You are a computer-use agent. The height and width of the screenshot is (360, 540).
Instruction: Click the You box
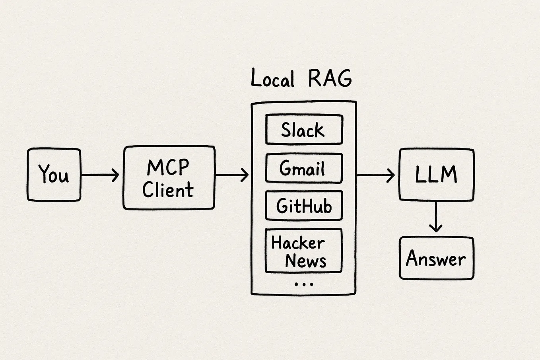[54, 175]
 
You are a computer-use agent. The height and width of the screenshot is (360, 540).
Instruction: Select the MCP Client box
[169, 178]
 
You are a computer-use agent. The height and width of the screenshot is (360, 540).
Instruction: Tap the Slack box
[304, 130]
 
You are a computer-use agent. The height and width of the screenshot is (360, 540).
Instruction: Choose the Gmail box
[304, 168]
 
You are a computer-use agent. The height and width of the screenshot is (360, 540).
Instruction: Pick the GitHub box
[304, 206]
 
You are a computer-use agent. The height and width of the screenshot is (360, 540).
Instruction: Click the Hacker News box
[303, 251]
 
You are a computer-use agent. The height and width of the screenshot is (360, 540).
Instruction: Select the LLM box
[436, 175]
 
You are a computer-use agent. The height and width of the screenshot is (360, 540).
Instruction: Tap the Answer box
[436, 258]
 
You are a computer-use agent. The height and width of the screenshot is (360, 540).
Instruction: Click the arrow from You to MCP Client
[100, 175]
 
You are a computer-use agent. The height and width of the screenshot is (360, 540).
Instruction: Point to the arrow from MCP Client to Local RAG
[232, 175]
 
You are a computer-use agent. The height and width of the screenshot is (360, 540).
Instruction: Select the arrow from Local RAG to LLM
[375, 175]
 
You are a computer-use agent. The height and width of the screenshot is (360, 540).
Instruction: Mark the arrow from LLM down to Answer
[436, 217]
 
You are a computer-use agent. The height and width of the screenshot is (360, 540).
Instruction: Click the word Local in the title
[273, 78]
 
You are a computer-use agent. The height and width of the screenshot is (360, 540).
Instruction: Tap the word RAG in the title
[330, 78]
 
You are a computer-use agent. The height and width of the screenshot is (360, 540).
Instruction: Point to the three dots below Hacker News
[304, 284]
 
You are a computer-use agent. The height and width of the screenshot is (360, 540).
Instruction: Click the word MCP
[168, 167]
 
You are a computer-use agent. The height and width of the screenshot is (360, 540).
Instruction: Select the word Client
[168, 190]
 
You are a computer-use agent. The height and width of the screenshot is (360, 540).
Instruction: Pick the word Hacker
[298, 243]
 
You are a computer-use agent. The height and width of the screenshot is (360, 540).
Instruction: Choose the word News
[305, 261]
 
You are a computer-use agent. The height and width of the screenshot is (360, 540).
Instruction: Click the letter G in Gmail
[286, 168]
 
